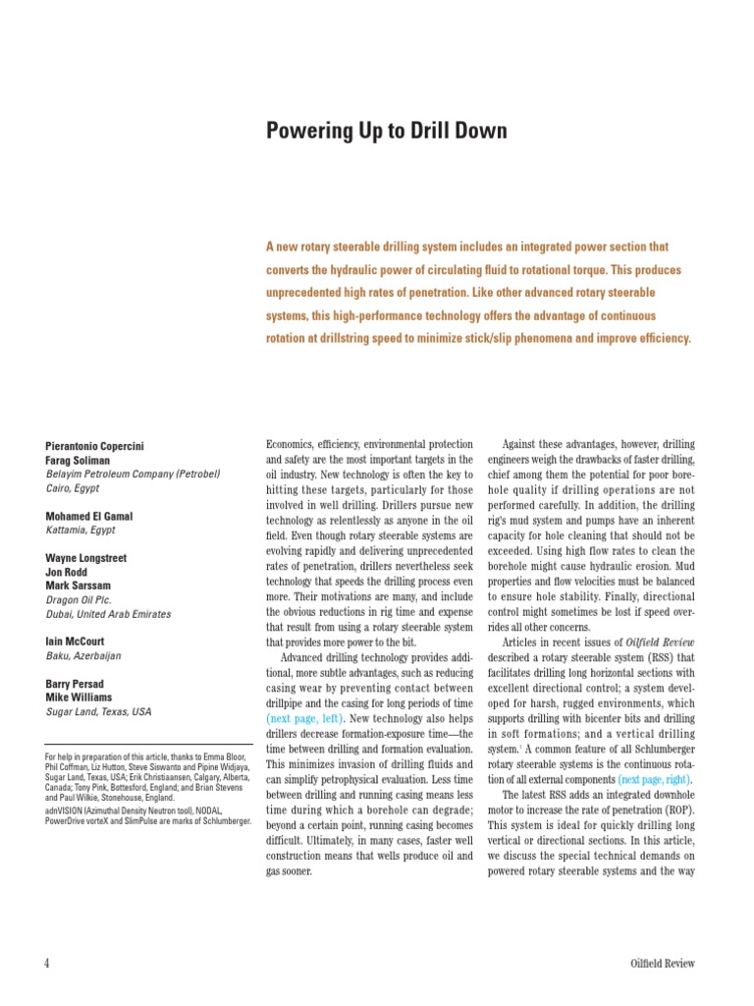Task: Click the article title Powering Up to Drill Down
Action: pos(387,130)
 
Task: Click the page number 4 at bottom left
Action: pos(47,963)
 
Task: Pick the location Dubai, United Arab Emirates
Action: pos(108,614)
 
